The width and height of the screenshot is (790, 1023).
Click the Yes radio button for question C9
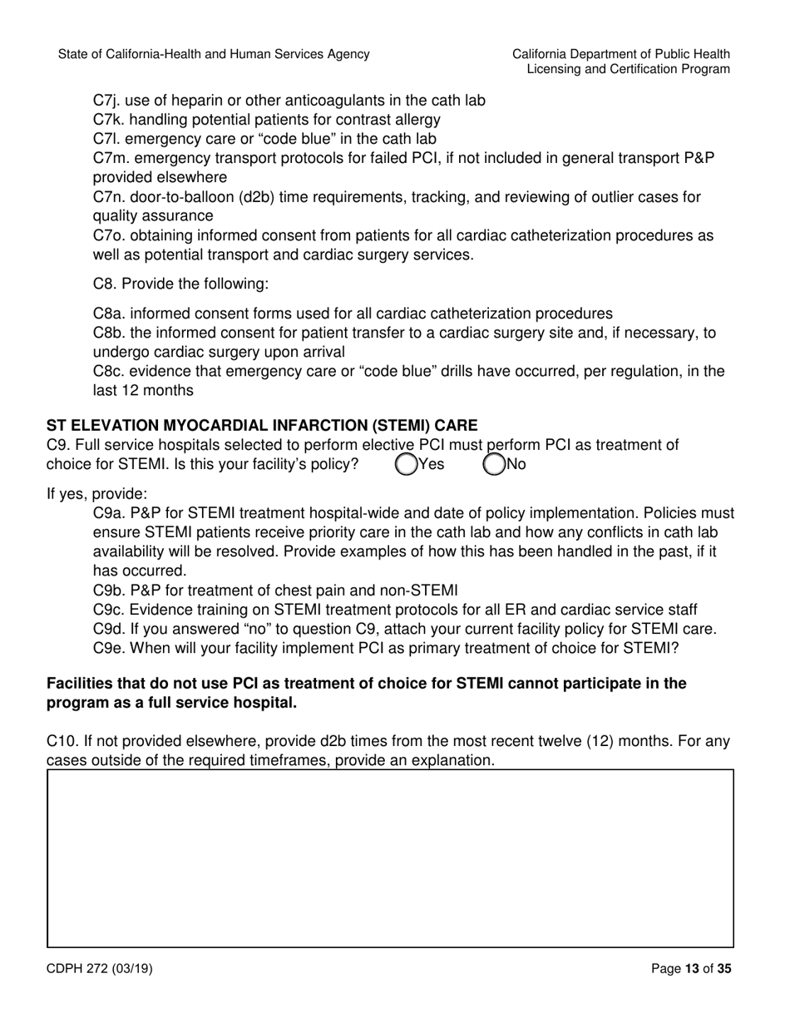(x=407, y=464)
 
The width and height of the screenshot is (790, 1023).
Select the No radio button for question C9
(x=494, y=464)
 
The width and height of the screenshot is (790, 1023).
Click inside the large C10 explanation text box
(x=390, y=858)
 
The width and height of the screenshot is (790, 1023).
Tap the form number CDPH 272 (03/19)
(x=99, y=968)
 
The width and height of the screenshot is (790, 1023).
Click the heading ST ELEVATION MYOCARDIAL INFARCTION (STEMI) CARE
(x=262, y=426)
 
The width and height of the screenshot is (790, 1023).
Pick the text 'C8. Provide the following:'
(x=180, y=284)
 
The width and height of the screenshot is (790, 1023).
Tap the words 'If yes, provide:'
(x=97, y=493)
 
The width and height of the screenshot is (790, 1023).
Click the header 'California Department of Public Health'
(x=621, y=54)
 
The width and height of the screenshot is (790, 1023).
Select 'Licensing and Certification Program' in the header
(x=629, y=70)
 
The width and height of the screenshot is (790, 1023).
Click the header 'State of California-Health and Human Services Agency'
(x=214, y=54)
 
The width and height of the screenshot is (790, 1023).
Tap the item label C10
(x=62, y=741)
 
